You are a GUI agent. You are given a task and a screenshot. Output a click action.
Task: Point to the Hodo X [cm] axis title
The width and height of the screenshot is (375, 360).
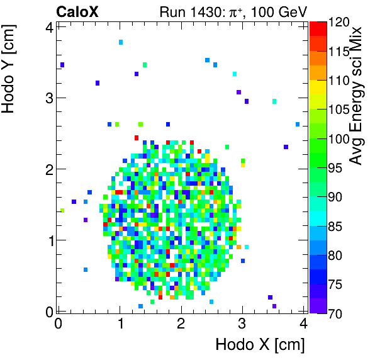tap(260, 345)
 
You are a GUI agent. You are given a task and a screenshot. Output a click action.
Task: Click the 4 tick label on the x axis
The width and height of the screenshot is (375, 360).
tap(303, 325)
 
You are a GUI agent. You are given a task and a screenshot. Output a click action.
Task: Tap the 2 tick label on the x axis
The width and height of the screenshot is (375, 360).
tap(181, 325)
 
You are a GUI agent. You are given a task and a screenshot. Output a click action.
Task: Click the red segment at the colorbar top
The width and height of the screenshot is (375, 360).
tap(318, 26)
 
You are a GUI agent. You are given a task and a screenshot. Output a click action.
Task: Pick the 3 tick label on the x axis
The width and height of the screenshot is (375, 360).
tap(242, 325)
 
